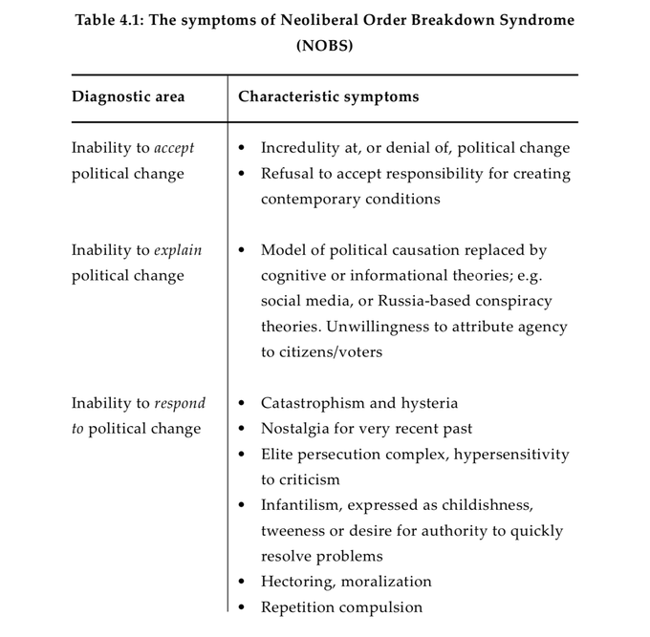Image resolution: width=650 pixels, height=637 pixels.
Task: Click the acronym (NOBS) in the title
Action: pos(324,45)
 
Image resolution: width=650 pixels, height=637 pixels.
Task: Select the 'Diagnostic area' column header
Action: pos(128,97)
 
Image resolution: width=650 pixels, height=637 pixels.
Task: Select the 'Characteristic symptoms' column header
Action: pos(328,97)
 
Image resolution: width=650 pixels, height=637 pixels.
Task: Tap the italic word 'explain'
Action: pos(178,250)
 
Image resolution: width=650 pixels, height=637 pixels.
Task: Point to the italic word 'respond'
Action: pos(180,403)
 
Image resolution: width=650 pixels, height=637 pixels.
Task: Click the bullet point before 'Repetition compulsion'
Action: pos(241,607)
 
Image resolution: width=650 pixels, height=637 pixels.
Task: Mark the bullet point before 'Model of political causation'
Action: pos(241,250)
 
